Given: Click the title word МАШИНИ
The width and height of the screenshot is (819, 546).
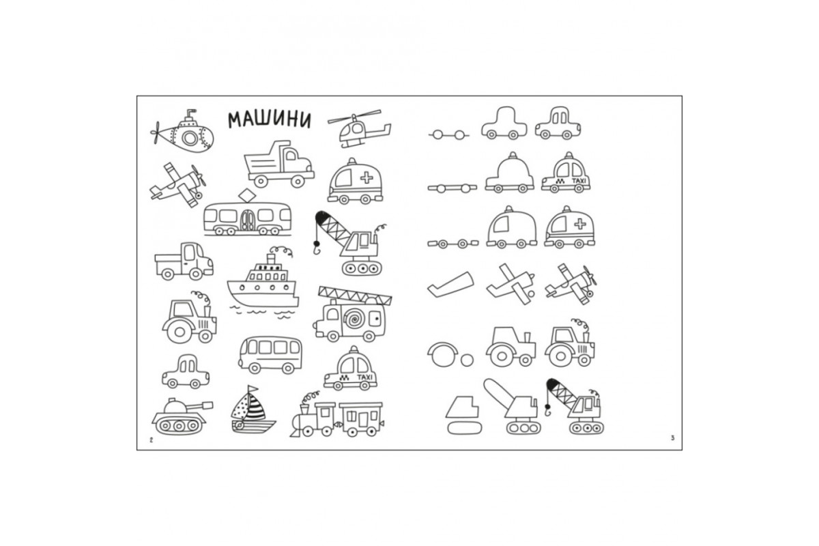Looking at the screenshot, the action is click(x=270, y=120).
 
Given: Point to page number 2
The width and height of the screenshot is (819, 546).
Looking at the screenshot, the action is click(x=151, y=440).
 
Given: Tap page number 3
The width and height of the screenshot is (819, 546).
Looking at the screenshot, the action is click(x=672, y=438).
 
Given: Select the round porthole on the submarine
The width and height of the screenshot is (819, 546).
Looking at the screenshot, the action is click(x=189, y=138).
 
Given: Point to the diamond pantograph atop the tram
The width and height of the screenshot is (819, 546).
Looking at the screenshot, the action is click(x=247, y=195).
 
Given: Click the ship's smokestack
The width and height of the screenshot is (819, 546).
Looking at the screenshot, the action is click(x=271, y=259).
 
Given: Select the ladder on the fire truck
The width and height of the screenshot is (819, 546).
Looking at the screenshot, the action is click(x=355, y=296).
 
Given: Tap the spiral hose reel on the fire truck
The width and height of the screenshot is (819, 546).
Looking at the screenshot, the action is click(x=353, y=319).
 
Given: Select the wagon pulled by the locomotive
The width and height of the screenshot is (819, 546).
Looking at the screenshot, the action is click(x=361, y=419).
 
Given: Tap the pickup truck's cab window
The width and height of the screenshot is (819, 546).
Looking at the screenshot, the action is click(x=190, y=253).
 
